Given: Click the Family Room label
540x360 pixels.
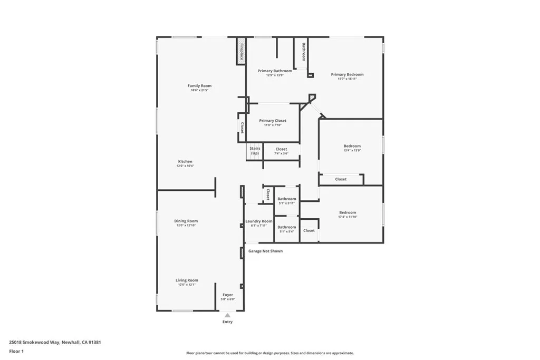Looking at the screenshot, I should point(199,86).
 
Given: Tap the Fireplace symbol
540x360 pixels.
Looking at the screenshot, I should point(241,51).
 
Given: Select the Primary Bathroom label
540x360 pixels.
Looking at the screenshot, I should point(274,71).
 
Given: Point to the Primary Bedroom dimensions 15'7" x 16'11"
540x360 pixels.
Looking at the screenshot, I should point(347,79).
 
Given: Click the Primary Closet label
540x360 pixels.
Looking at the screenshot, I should point(273,121).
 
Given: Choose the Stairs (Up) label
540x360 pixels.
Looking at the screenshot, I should point(255,151).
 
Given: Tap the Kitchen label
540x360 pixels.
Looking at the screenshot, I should point(185,161).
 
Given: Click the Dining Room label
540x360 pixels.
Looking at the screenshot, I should point(186,221).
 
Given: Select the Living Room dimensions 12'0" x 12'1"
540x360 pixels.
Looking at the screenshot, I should point(187,285).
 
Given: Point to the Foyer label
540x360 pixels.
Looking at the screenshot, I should point(227,295).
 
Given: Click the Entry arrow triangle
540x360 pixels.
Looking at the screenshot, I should point(227,315).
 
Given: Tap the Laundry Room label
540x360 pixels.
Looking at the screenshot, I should point(259,221).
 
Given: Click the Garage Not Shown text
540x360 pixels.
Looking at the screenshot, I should point(265,251).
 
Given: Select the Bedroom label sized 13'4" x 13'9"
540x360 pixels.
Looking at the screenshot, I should point(352,146).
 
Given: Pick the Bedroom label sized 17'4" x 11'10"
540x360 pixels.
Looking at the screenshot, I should point(348,212).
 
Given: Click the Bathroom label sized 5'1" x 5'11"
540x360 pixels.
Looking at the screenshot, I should point(287,199).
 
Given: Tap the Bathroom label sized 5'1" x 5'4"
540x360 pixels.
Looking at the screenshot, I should point(287,227).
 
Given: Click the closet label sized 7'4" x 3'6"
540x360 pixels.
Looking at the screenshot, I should point(281,149).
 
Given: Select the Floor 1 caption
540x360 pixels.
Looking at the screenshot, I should point(16,351).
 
